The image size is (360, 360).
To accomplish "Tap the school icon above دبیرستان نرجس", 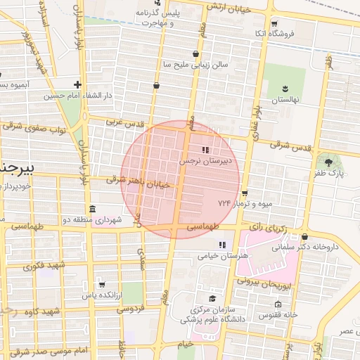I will pyautogui.click(x=205, y=150).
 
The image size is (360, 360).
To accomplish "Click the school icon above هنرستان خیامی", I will pyautogui.click(x=222, y=245).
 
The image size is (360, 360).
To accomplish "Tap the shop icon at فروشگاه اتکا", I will pyautogui.click(x=275, y=23).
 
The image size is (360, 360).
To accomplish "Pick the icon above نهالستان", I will pyautogui.click(x=285, y=89).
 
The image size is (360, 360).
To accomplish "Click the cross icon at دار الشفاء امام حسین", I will pyautogui.click(x=78, y=84).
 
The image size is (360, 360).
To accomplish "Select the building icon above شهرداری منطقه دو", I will pyautogui.click(x=93, y=210).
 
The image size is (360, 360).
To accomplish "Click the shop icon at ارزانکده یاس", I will pyautogui.click(x=103, y=285).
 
